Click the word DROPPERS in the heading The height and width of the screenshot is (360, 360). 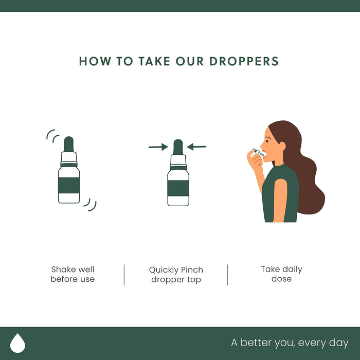[x=244, y=61]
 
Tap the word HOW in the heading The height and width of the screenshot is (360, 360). [x=95, y=61]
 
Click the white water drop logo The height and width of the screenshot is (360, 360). [x=17, y=343]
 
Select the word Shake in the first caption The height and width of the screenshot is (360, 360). [x=61, y=269]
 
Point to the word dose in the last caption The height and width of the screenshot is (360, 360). [x=281, y=279]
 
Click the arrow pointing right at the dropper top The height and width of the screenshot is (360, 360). [x=158, y=147]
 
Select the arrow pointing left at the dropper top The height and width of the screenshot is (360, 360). [x=197, y=147]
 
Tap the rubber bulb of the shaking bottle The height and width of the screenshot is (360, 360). [x=68, y=144]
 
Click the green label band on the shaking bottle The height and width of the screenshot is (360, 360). [x=69, y=185]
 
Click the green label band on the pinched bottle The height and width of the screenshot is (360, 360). [x=178, y=188]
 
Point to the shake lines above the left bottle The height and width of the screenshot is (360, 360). [x=52, y=135]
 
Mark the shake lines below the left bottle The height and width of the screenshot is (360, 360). [x=90, y=205]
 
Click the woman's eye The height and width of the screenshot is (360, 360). [x=268, y=140]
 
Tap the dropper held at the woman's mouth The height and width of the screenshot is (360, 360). [x=259, y=152]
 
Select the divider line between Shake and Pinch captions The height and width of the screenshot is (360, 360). [x=124, y=275]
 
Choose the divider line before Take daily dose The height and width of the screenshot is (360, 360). [x=227, y=275]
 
